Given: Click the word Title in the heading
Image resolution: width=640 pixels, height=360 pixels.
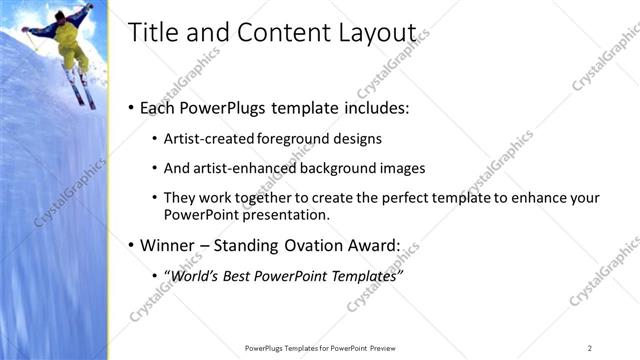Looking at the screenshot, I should (x=152, y=32).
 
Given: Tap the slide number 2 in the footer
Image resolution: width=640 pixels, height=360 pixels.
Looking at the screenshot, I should (x=589, y=347).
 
